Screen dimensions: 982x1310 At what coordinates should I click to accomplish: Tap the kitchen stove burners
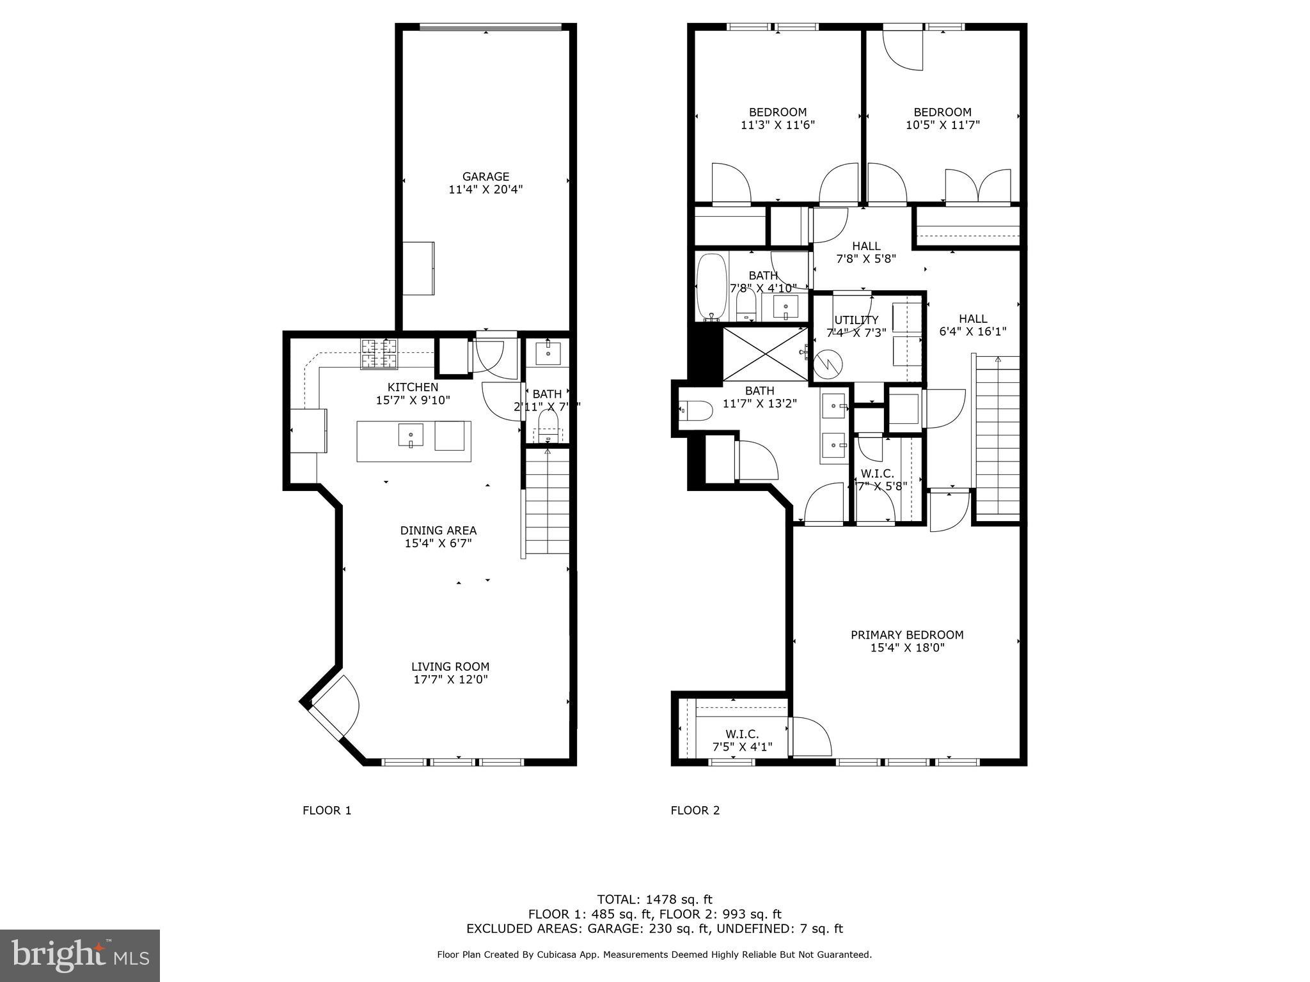tap(379, 354)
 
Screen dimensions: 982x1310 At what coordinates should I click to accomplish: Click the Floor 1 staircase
tap(548, 502)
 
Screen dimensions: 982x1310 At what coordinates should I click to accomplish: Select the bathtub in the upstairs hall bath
tap(711, 287)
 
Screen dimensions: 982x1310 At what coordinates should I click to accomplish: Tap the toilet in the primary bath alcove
tap(695, 410)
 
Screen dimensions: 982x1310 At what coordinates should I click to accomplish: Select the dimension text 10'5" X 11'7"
tap(942, 125)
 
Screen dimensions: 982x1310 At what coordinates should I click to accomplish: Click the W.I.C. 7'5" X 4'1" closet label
tap(742, 740)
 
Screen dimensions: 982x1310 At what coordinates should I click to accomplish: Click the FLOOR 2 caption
tap(695, 811)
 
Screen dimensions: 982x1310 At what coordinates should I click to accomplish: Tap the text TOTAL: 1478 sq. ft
tap(654, 900)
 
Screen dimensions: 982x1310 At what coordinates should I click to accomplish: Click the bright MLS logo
tap(80, 955)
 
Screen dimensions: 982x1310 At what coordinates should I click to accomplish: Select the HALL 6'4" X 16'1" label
tap(972, 325)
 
